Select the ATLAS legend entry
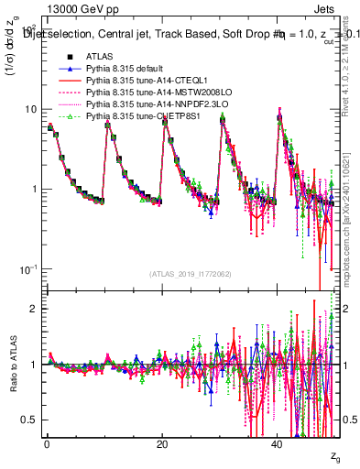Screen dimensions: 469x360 tap(97, 57)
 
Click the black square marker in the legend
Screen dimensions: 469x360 tap(64, 57)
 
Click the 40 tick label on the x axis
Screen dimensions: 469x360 tap(278, 444)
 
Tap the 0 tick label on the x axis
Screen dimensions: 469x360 tap(47, 444)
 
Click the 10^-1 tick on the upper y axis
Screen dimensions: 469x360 tap(27, 268)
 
